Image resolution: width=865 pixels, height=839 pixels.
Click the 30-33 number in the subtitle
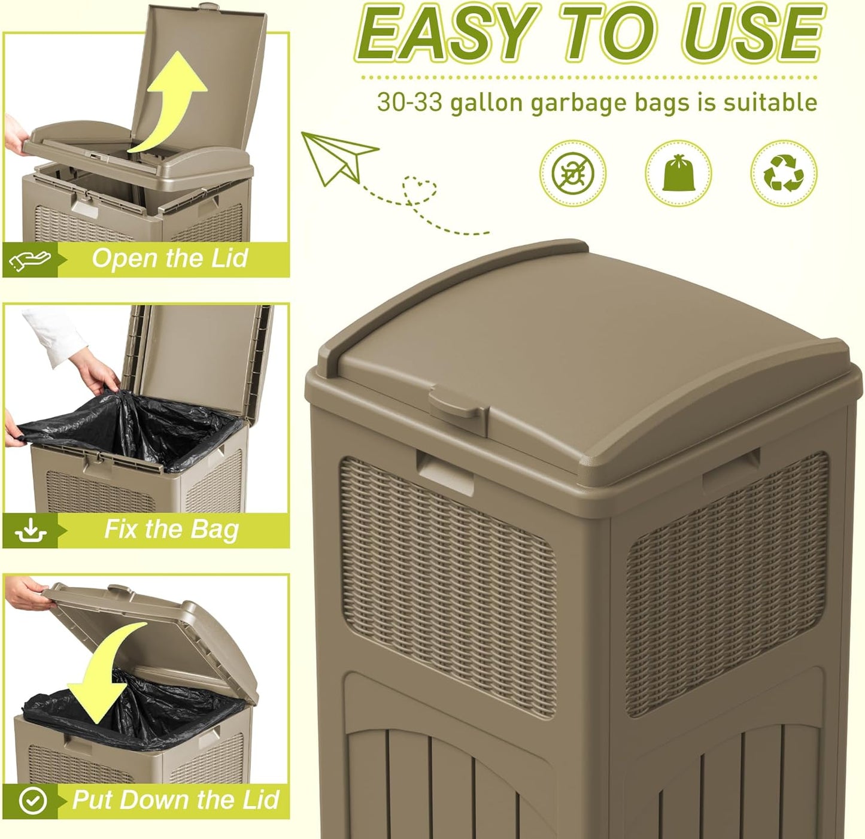coord(409,102)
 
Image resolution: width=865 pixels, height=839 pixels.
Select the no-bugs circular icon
coord(572,173)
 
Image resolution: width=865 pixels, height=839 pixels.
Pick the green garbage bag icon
coord(678,173)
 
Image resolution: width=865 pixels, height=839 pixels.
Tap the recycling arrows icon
coord(784,173)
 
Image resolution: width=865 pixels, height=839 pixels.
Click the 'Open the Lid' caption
coord(169,259)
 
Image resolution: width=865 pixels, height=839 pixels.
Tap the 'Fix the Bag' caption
coord(171,530)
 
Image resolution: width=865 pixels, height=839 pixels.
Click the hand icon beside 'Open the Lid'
coord(30,260)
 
